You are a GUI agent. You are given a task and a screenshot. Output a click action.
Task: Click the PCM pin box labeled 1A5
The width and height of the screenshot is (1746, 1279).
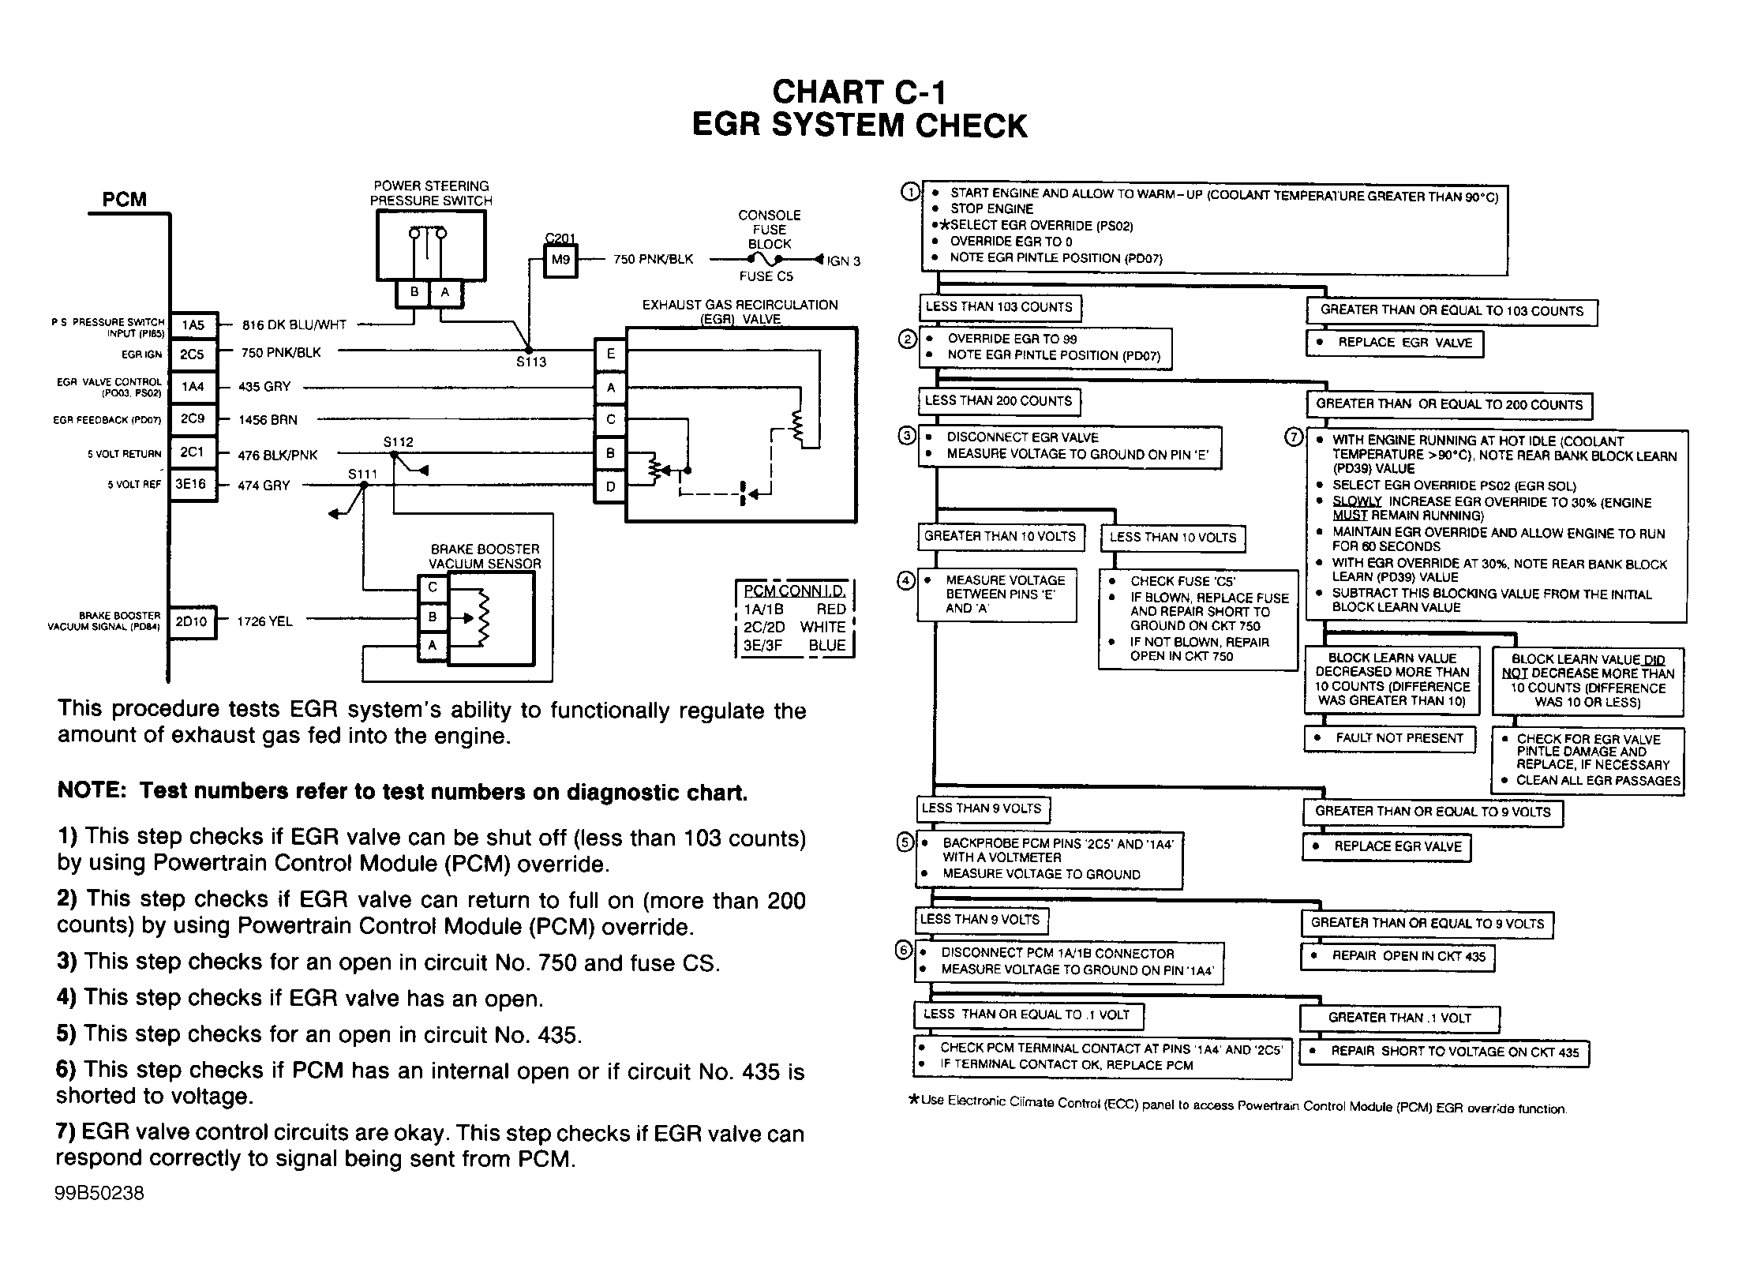(x=193, y=324)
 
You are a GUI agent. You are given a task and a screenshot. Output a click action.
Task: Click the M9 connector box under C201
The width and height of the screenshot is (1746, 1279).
(x=560, y=260)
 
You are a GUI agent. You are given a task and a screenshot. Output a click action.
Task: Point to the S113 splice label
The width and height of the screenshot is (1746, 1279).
(x=531, y=362)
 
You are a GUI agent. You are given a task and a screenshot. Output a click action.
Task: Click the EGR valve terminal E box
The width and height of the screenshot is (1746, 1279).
(x=609, y=354)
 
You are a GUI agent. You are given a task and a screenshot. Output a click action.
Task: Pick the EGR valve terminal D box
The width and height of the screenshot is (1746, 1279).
(x=609, y=486)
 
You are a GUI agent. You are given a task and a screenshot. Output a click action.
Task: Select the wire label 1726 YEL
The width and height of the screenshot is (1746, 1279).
(x=265, y=621)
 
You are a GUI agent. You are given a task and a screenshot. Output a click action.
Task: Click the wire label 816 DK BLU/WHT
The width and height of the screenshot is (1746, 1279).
(x=294, y=324)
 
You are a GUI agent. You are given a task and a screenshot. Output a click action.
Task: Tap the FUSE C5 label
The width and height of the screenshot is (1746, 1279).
(x=766, y=276)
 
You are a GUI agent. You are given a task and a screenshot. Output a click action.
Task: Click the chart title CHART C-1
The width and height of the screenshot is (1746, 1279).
(x=859, y=92)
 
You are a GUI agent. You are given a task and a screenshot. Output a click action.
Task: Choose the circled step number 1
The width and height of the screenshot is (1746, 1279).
(x=910, y=192)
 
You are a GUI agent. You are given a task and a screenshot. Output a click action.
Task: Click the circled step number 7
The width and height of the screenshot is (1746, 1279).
(x=1294, y=437)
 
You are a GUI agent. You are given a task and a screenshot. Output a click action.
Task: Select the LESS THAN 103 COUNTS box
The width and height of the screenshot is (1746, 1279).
(x=999, y=307)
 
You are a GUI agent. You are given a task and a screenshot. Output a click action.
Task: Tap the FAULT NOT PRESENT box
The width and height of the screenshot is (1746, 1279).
(x=1389, y=739)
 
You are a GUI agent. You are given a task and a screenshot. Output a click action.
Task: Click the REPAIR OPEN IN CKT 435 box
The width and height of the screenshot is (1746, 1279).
(x=1398, y=957)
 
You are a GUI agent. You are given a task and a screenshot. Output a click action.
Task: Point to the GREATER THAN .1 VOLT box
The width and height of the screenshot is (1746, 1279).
(x=1399, y=1018)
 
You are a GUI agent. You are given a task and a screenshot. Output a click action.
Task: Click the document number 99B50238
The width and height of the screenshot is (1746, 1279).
(x=100, y=1192)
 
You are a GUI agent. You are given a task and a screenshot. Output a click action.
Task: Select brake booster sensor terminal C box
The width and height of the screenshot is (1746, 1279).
(x=433, y=588)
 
